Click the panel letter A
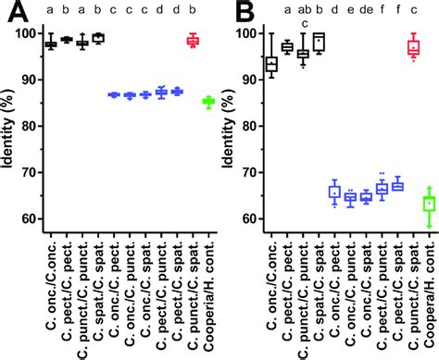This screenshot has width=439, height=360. tap(15, 12)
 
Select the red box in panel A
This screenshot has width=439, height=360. tap(193, 41)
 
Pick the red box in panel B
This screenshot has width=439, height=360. tap(414, 47)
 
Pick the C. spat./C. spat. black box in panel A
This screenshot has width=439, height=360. tap(98, 38)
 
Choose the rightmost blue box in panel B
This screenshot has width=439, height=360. tap(397, 186)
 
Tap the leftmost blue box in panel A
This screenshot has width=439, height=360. tap(114, 94)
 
